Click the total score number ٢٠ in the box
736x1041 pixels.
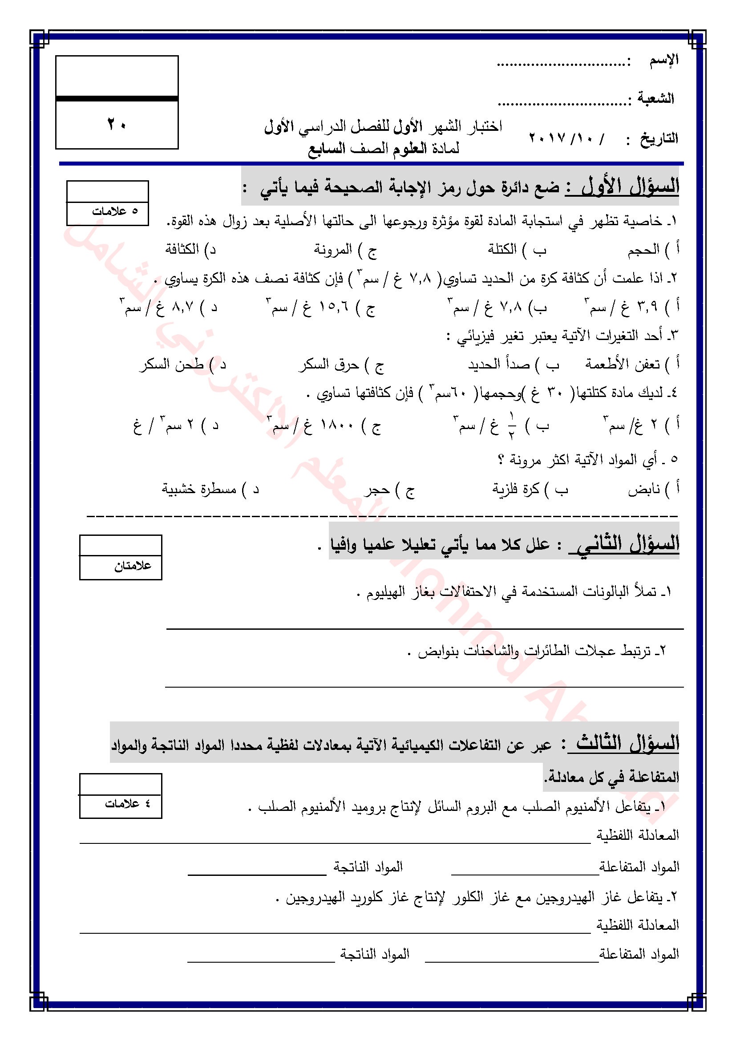click(117, 124)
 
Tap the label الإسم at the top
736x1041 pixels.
click(663, 60)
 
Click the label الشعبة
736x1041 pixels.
click(656, 98)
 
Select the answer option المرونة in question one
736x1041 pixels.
click(333, 249)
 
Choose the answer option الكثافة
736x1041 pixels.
click(182, 249)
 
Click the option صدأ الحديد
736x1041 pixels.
click(499, 365)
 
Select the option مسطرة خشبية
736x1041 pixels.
click(199, 489)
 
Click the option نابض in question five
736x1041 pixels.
click(644, 490)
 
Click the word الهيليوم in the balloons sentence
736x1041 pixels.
click(386, 592)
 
